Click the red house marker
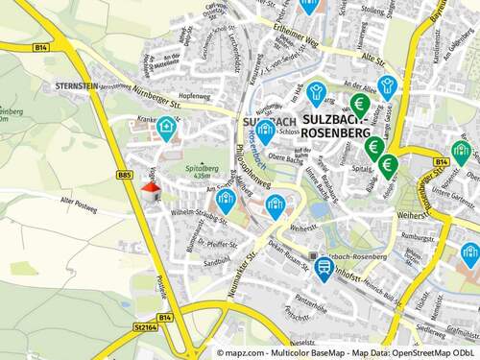tap(151, 189)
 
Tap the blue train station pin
tap(324, 266)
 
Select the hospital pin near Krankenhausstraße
tap(167, 126)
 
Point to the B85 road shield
tap(124, 174)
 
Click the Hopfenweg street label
tap(194, 96)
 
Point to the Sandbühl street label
tap(217, 260)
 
